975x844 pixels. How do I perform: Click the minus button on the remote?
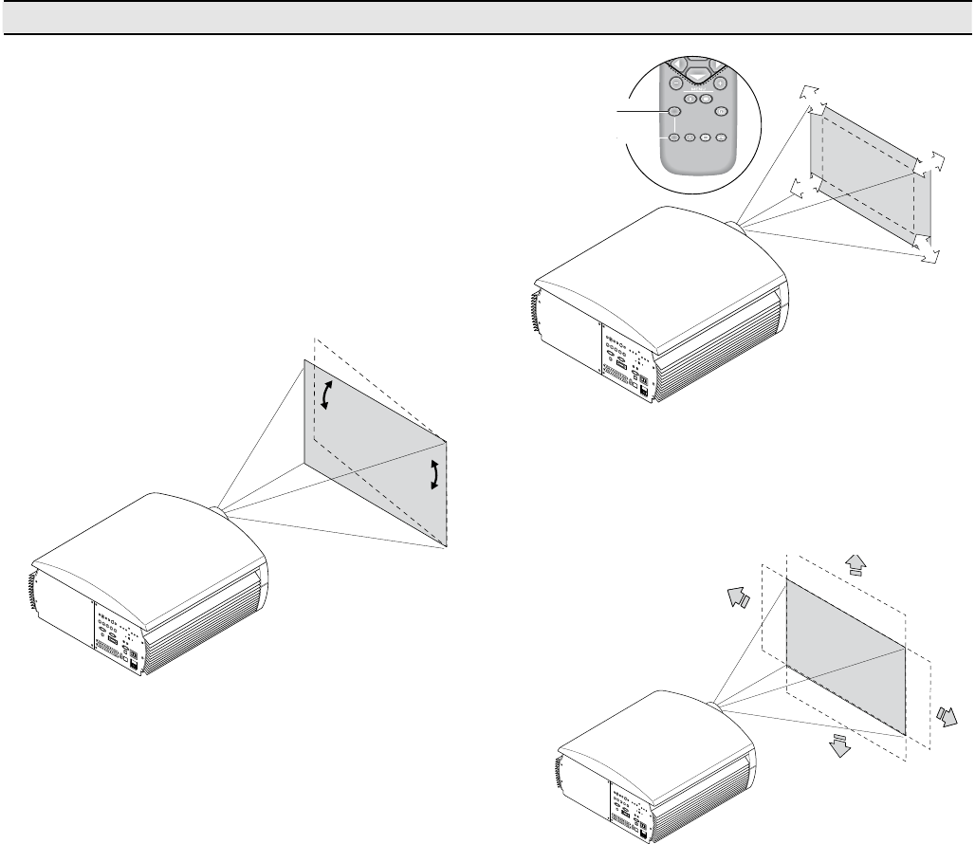point(675,83)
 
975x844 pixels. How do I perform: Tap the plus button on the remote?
point(721,83)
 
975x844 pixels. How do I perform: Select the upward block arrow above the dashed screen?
point(855,562)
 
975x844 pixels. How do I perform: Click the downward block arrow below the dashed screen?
point(838,743)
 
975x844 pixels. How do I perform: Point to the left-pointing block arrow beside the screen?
point(737,597)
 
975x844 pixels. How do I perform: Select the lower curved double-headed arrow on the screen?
point(434,473)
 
